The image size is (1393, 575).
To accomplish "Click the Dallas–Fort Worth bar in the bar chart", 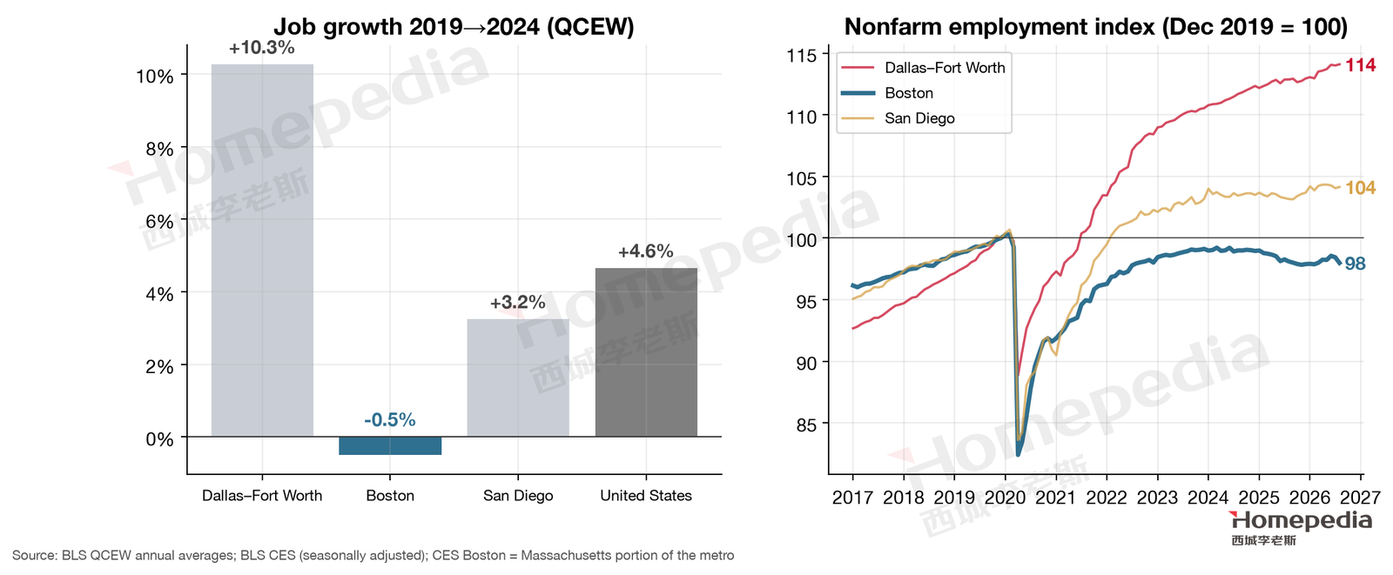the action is (262, 250).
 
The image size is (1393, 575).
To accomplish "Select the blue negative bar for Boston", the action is (390, 445).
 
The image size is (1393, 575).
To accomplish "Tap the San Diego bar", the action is (518, 378).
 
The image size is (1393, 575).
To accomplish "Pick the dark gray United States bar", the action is (646, 351).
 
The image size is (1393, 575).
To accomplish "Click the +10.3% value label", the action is (262, 48).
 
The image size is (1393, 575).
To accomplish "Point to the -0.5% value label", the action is (390, 420).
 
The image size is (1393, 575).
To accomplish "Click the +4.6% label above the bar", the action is (645, 251).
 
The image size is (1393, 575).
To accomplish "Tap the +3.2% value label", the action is (517, 303).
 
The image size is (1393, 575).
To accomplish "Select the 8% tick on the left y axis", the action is (159, 149).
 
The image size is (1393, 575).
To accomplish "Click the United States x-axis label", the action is (646, 496).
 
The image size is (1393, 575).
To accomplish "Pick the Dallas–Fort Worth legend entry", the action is (923, 68).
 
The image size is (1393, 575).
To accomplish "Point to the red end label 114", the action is (1360, 64).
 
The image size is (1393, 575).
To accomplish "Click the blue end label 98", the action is (1355, 264).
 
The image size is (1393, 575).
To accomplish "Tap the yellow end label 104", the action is (1360, 188).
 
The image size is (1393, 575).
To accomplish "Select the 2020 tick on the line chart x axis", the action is (1005, 498).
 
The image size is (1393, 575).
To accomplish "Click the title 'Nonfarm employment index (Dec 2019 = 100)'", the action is (1096, 27).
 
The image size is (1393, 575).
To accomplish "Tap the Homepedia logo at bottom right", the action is (1301, 528).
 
